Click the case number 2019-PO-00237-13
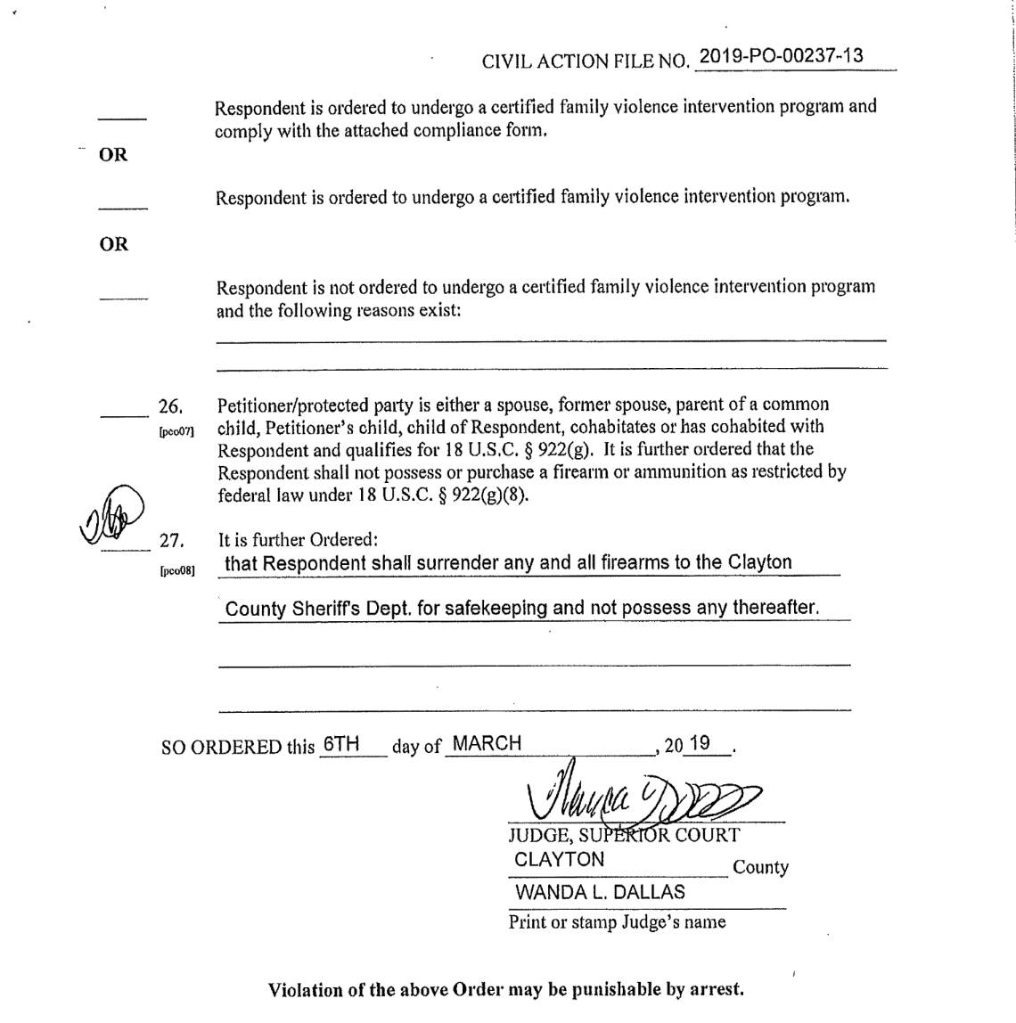[782, 56]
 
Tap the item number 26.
[170, 406]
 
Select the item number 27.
[170, 540]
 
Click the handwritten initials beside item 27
[111, 514]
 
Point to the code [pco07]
[176, 431]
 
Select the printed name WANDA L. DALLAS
[600, 891]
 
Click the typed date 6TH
[340, 744]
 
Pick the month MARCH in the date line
[487, 744]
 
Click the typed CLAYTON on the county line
[560, 860]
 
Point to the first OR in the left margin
[113, 155]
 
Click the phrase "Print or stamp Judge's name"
[617, 922]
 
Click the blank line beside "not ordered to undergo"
[123, 297]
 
